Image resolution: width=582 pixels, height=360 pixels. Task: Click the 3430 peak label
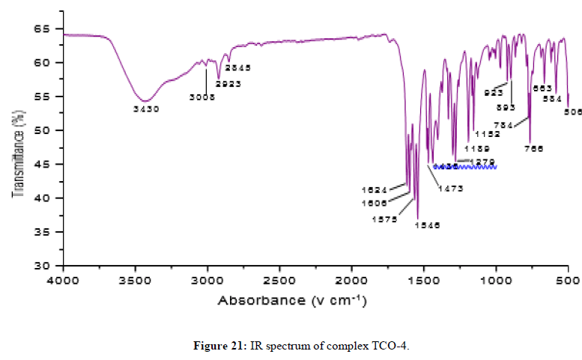tap(146, 109)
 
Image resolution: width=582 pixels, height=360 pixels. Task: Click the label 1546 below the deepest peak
tap(427, 224)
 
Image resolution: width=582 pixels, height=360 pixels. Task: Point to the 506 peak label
tap(573, 112)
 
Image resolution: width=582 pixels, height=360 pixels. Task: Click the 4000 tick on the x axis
tap(63, 281)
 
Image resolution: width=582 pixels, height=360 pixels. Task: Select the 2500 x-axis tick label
tap(279, 281)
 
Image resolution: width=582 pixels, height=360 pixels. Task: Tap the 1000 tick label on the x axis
tap(496, 281)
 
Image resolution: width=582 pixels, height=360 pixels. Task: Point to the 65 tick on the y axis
tap(49, 28)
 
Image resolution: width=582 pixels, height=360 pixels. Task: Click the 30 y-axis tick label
tap(49, 266)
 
